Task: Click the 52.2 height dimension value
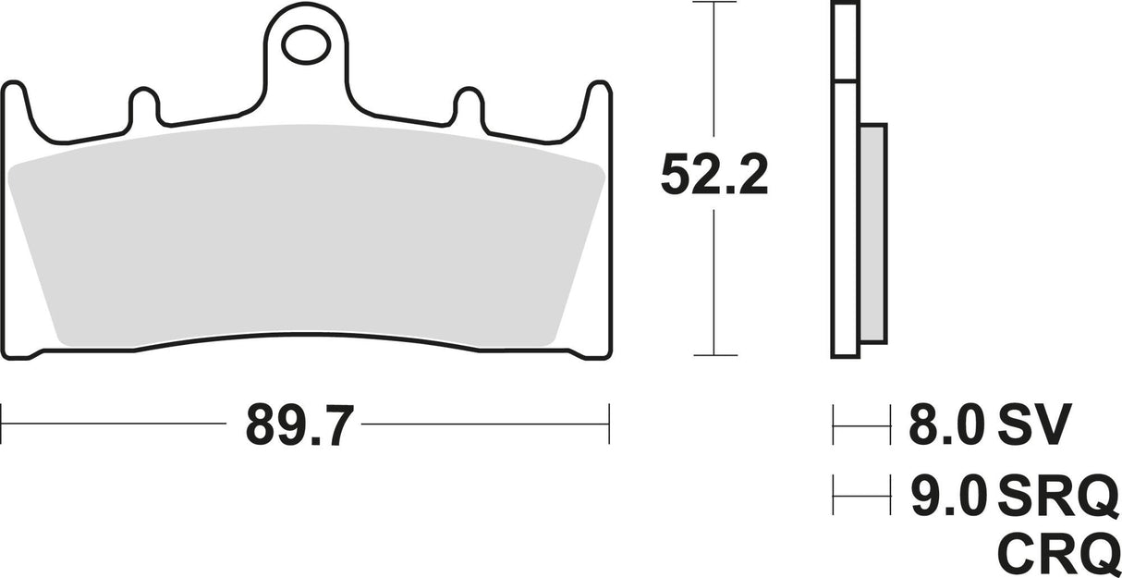click(713, 175)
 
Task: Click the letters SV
click(1033, 425)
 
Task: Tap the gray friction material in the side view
click(872, 231)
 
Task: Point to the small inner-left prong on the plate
click(142, 106)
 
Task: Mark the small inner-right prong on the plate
click(468, 106)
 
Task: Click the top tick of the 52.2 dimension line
click(714, 4)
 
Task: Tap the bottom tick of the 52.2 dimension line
click(714, 355)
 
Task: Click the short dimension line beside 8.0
click(860, 425)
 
